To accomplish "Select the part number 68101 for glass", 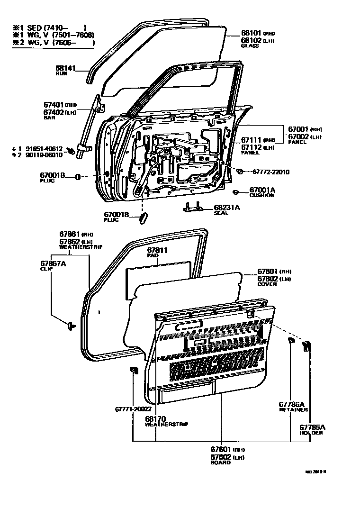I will pyautogui.click(x=251, y=33).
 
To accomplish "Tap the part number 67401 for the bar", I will pyautogui.click(x=53, y=105).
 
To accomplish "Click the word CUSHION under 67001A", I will pyautogui.click(x=262, y=195).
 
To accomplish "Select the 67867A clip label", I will pyautogui.click(x=53, y=263).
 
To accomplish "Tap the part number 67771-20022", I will pyautogui.click(x=133, y=409).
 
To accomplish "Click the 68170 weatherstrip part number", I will pyautogui.click(x=155, y=418).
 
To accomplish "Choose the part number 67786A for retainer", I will pyautogui.click(x=291, y=404).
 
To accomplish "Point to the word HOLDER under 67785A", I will pyautogui.click(x=311, y=433).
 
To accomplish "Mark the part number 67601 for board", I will pyautogui.click(x=221, y=449).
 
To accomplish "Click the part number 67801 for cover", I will pyautogui.click(x=267, y=272).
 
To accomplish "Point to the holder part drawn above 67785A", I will pyautogui.click(x=306, y=346).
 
